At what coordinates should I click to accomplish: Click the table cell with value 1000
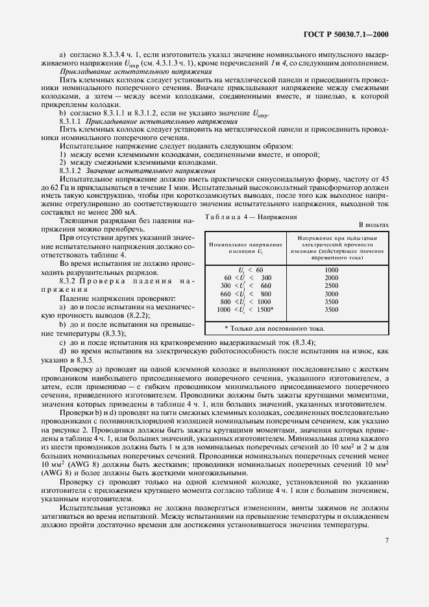point(331,269)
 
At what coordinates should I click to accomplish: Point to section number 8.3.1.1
point(69,122)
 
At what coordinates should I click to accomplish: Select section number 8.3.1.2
point(69,170)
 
